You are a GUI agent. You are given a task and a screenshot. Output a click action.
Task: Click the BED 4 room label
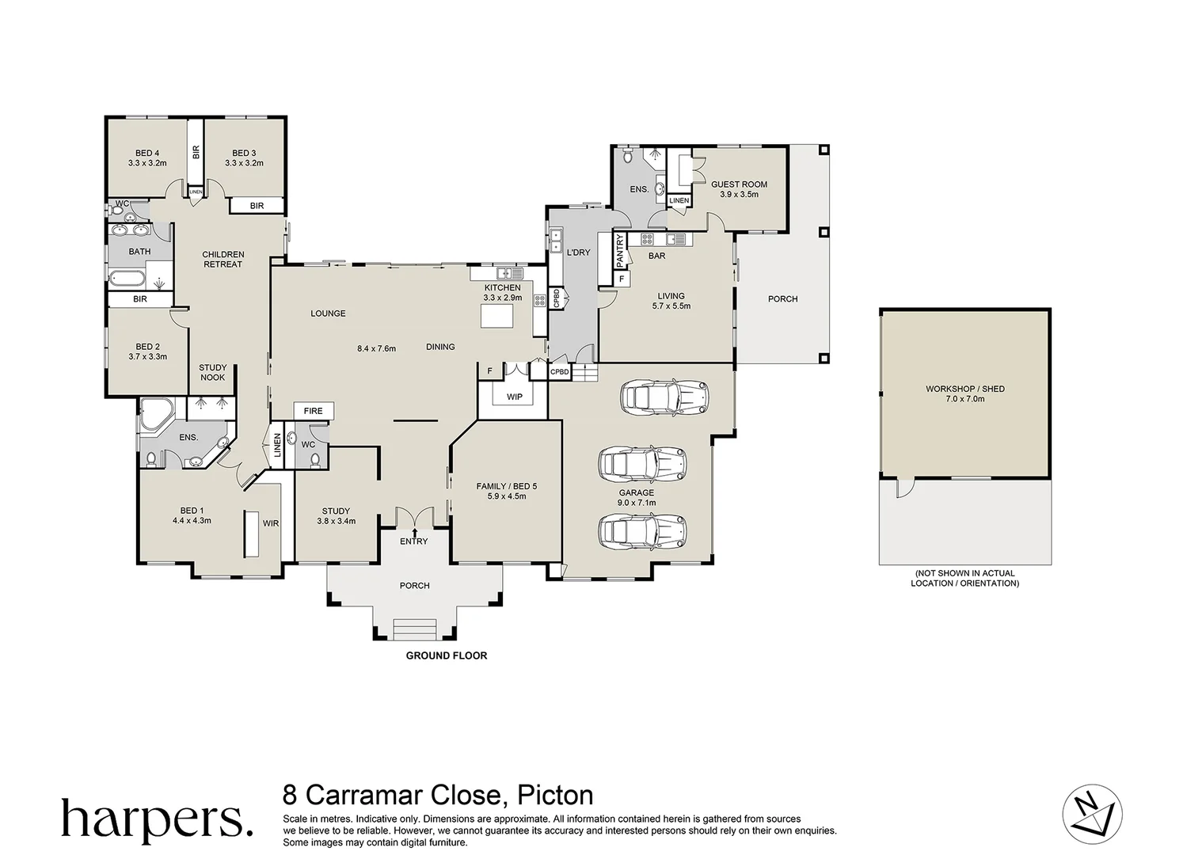147,153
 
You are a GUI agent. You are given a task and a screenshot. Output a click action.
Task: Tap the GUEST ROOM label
739,184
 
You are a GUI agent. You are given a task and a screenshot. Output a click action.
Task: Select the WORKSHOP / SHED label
965,389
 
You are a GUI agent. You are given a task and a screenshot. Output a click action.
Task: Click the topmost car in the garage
664,396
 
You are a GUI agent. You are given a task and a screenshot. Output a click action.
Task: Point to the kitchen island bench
496,317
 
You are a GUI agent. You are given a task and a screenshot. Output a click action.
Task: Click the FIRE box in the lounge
314,411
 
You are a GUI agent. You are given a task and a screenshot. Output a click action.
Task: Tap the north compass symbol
1092,813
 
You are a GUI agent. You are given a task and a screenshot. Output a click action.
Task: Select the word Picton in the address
555,795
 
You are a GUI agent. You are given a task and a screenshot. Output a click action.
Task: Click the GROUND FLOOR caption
447,655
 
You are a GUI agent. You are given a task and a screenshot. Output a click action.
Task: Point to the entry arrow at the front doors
415,532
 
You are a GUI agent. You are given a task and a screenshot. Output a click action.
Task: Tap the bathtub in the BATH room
127,277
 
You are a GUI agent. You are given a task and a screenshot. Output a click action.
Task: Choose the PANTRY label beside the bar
620,250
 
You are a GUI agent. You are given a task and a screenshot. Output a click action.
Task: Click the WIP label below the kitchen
515,397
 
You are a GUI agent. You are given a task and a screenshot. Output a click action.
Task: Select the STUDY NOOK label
213,372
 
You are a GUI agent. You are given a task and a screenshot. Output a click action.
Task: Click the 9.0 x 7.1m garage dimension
637,503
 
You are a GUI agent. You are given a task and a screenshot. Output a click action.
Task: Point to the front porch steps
415,629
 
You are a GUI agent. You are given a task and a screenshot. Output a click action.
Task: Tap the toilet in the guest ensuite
628,156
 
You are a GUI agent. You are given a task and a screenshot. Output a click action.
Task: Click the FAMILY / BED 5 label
507,486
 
